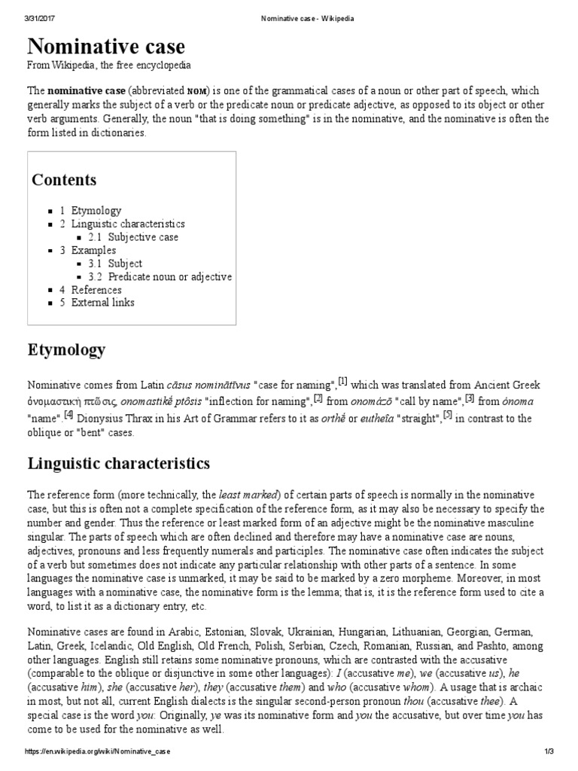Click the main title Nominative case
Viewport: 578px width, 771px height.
click(x=106, y=47)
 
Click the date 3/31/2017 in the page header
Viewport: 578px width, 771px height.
click(x=40, y=19)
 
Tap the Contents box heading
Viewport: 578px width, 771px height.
click(x=64, y=180)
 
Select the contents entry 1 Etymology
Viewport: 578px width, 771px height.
click(x=90, y=211)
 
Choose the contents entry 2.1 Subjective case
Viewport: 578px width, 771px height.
click(x=133, y=237)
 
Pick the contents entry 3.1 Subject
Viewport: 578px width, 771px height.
click(x=116, y=264)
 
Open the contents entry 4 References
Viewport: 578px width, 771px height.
click(x=90, y=290)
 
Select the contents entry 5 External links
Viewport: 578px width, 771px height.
click(x=97, y=303)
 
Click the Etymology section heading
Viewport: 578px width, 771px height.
click(x=66, y=350)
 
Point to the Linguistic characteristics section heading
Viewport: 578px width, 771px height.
click(x=119, y=462)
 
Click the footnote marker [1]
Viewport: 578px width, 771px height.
click(x=342, y=380)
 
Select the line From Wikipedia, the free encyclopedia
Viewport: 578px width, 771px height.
click(x=109, y=66)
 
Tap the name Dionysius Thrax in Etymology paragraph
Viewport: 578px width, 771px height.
click(x=113, y=418)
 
